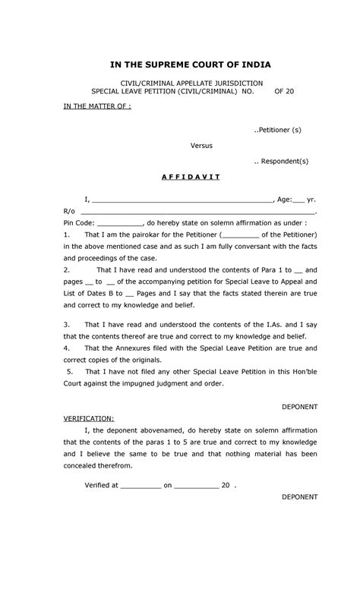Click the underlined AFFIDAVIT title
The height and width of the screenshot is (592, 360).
[x=190, y=177]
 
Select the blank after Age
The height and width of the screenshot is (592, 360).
[x=298, y=200]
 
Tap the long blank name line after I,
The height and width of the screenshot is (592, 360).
[x=182, y=200]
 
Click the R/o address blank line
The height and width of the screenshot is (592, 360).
[x=197, y=213]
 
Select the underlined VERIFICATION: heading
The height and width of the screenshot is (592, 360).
[x=89, y=418]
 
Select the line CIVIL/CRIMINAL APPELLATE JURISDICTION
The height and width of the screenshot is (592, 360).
[x=187, y=82]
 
